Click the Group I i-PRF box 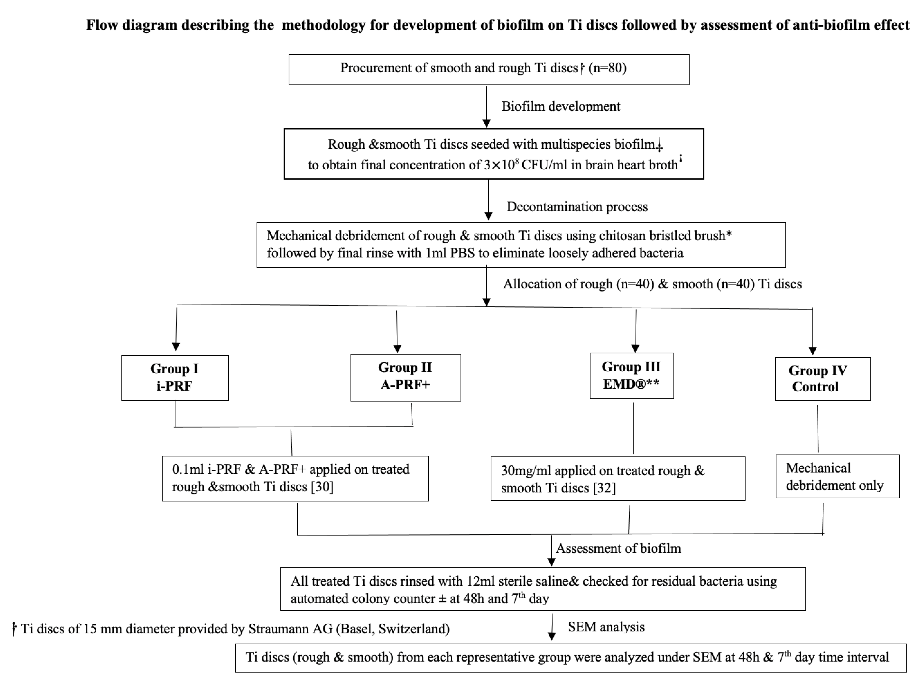click(x=175, y=377)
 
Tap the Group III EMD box click(x=631, y=375)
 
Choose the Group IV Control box click(x=822, y=379)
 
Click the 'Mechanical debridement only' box click(x=837, y=476)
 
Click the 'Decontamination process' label click(x=577, y=207)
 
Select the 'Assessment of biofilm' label click(x=618, y=548)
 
